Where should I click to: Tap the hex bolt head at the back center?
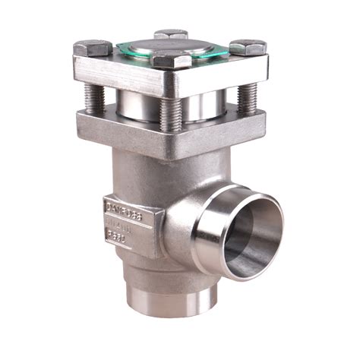(171, 35)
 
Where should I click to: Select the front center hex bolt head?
(172, 60)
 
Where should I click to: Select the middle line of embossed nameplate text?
(125, 221)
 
